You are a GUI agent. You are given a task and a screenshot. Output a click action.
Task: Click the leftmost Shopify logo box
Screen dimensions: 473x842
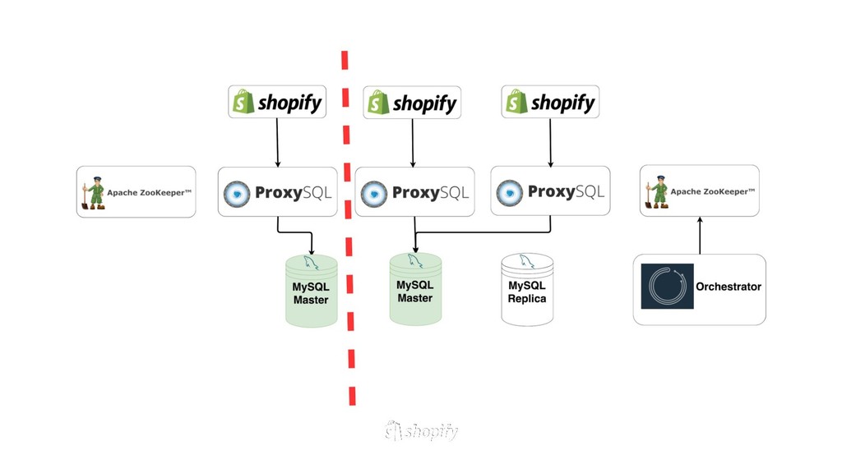tap(277, 102)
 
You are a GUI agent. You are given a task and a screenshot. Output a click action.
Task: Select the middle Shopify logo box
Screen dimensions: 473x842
tap(412, 103)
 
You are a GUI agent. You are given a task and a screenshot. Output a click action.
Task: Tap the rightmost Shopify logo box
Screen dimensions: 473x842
tap(550, 102)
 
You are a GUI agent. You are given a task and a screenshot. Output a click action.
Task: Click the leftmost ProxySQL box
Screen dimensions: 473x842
tap(277, 192)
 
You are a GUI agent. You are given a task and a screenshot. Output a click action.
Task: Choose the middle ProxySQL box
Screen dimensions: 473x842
tap(414, 192)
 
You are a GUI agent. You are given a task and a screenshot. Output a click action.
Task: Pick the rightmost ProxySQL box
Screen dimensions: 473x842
tap(550, 191)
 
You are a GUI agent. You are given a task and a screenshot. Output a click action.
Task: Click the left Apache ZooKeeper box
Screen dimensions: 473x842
tap(136, 192)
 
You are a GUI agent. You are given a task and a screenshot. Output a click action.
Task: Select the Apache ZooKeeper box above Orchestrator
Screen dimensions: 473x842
tap(699, 191)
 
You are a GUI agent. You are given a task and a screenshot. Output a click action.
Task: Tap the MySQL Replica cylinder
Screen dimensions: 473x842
tap(527, 289)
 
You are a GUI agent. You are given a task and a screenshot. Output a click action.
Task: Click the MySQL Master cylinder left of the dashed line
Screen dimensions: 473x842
tap(311, 292)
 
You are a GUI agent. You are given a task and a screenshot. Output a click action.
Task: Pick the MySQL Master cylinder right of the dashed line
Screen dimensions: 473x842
tap(415, 289)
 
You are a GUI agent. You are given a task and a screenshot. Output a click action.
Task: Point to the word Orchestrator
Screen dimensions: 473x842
tap(729, 287)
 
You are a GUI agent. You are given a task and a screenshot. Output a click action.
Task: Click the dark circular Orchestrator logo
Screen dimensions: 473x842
tap(667, 287)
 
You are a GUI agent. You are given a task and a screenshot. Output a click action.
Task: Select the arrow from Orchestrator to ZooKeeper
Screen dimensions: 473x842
tap(700, 236)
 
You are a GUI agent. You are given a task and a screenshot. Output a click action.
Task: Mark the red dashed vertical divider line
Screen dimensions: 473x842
tap(349, 230)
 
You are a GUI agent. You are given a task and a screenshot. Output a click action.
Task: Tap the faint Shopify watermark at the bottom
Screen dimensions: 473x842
tap(421, 430)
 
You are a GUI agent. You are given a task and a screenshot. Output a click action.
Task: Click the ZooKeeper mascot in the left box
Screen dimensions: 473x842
tap(94, 193)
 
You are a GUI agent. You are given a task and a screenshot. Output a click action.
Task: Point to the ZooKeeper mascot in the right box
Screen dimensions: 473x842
tap(657, 192)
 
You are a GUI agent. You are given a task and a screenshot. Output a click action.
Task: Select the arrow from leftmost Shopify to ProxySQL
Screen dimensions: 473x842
tap(277, 143)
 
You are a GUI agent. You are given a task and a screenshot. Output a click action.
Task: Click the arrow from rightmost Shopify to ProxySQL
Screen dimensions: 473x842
tap(550, 143)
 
